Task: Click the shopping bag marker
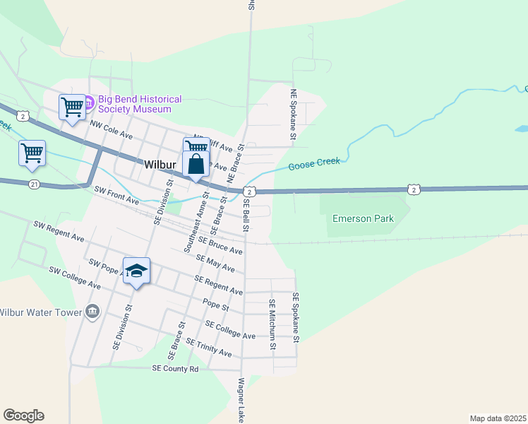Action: click(196, 165)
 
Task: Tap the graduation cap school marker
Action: click(137, 271)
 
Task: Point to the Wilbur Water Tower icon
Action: click(92, 312)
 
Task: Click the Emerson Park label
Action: click(363, 218)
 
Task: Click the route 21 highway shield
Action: click(35, 184)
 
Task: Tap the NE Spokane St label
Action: click(294, 113)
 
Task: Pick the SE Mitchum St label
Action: click(271, 324)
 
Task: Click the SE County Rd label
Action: click(176, 368)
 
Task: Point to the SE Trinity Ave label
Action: click(209, 347)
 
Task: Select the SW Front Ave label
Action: click(116, 196)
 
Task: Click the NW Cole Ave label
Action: click(112, 129)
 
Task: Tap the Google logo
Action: click(23, 415)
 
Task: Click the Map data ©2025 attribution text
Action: click(497, 418)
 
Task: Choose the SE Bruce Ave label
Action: click(220, 245)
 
